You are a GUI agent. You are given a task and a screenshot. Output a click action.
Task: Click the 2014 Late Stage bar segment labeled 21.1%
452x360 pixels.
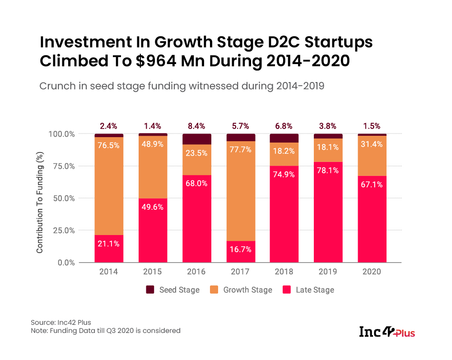(x=109, y=248)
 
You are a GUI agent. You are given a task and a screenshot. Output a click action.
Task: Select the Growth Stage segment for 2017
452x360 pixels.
(x=241, y=189)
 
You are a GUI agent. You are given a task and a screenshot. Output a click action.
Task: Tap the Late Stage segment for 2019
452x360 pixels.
(x=329, y=212)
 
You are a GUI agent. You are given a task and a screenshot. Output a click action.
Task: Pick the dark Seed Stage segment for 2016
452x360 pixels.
(x=197, y=139)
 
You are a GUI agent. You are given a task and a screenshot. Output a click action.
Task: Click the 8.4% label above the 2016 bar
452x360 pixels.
(x=196, y=126)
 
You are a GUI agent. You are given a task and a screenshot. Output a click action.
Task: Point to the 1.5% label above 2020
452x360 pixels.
(x=373, y=126)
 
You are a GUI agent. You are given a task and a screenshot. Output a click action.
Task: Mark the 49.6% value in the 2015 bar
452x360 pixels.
(x=153, y=208)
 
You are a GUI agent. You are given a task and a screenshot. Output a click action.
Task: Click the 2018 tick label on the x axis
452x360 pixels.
(x=284, y=272)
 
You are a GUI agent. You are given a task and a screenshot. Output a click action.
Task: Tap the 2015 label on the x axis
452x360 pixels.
(x=153, y=272)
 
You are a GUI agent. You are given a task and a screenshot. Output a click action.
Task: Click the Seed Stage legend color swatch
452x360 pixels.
(x=149, y=290)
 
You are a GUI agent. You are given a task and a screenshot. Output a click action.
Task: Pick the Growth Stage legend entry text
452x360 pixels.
(x=247, y=290)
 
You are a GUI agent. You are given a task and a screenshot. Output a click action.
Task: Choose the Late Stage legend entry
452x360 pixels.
(x=315, y=290)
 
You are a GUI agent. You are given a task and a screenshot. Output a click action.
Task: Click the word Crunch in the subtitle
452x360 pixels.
(x=56, y=86)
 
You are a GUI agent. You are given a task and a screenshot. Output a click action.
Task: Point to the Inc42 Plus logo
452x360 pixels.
(x=387, y=332)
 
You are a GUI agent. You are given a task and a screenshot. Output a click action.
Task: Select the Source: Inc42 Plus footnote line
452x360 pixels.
(x=61, y=323)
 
